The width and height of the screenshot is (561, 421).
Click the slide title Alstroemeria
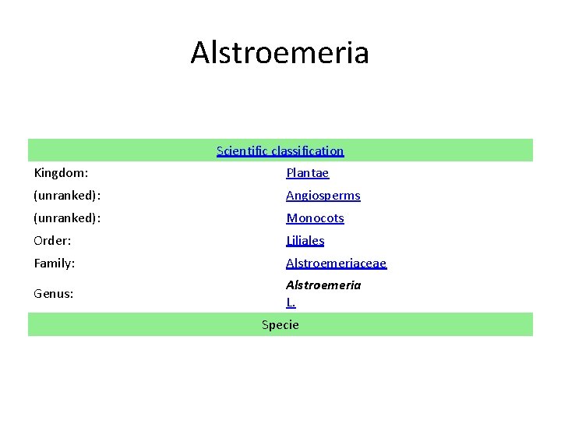[280, 53]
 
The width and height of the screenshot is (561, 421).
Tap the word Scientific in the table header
[242, 150]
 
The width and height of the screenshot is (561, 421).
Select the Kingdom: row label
[61, 172]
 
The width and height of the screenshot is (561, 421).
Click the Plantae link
[307, 173]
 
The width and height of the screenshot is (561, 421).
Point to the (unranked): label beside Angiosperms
[66, 195]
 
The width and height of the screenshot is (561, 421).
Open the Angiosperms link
[323, 196]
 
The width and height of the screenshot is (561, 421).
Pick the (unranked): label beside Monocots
[66, 218]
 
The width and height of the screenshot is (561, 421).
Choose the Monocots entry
[315, 218]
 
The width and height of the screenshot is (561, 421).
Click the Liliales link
[305, 241]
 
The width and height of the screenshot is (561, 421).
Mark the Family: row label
[55, 263]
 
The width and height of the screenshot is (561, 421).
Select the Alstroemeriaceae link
[336, 264]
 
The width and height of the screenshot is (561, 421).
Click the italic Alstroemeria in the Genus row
[323, 285]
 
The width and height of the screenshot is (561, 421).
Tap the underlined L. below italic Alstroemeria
[291, 302]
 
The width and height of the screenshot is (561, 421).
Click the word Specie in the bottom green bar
[280, 324]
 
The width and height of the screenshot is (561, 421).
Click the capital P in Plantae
[290, 173]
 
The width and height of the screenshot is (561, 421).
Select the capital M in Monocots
[291, 218]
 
